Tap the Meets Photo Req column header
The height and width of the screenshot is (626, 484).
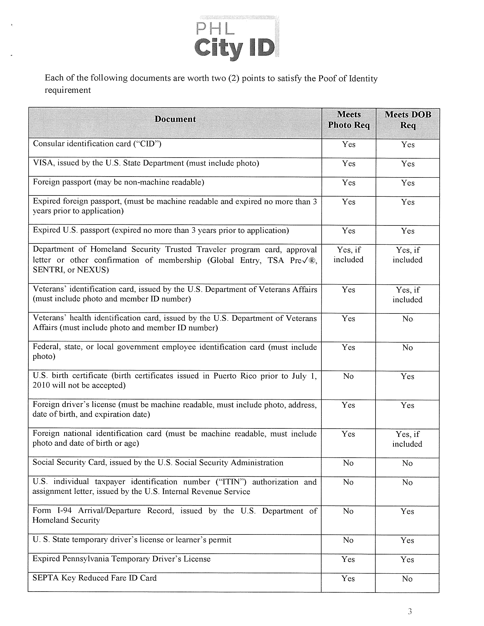pyautogui.click(x=349, y=120)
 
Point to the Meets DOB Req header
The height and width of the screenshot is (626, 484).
pyautogui.click(x=408, y=120)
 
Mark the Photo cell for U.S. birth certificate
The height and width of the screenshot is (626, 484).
pyautogui.click(x=348, y=376)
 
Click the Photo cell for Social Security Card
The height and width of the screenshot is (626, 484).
pyautogui.click(x=348, y=463)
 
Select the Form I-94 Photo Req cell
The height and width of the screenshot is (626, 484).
pyautogui.click(x=348, y=511)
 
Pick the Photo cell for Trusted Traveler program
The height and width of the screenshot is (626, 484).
pyautogui.click(x=348, y=255)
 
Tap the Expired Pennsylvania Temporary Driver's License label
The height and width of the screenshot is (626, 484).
pyautogui.click(x=121, y=559)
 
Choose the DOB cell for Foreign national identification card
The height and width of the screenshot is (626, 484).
pyautogui.click(x=407, y=439)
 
